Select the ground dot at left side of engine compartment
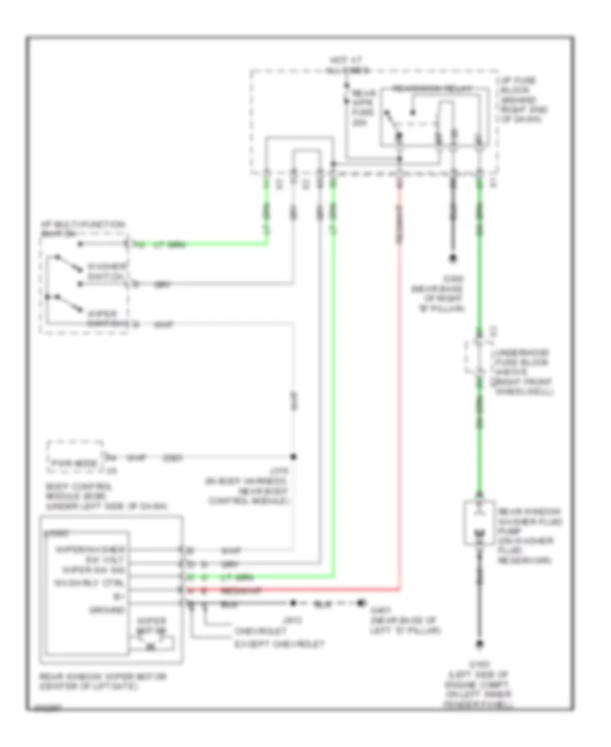tap(480, 644)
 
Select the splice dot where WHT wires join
tap(294, 456)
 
